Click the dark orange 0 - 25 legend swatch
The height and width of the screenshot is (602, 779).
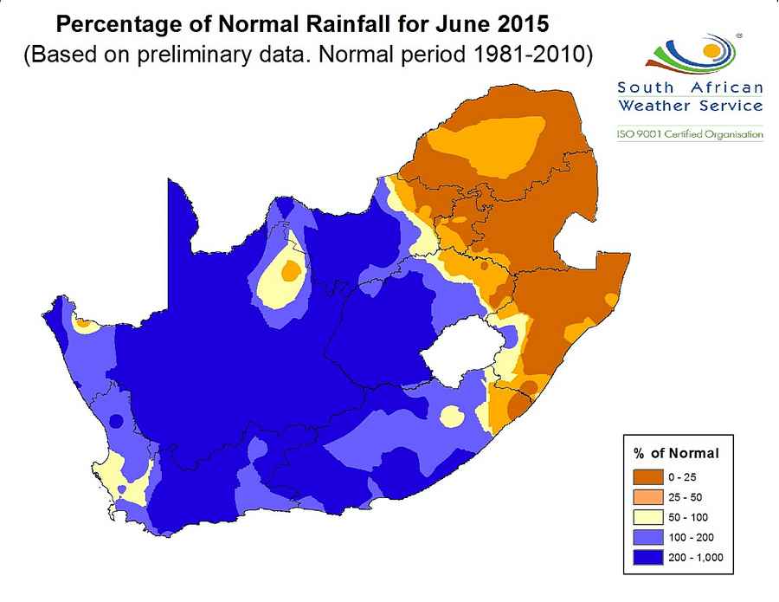649,477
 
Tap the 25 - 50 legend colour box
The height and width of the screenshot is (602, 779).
649,497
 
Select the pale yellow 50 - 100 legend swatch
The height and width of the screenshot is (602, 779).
649,517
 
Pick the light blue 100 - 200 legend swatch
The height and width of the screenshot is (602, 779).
649,537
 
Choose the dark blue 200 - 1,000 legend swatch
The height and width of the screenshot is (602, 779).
649,557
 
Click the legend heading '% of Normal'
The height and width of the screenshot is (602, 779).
676,453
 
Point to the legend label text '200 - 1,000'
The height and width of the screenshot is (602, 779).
694,557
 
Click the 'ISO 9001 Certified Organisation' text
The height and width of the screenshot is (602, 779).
689,134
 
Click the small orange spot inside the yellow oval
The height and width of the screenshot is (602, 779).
291,271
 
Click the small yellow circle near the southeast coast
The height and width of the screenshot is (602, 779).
452,417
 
